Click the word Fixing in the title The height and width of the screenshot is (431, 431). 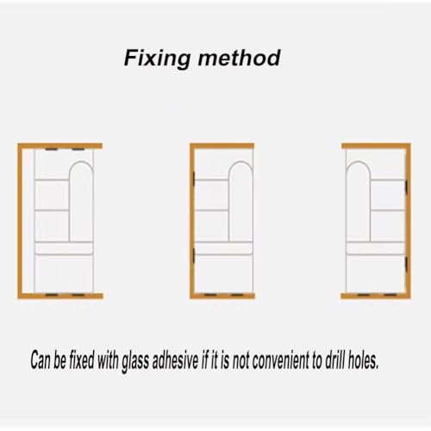pos(157,59)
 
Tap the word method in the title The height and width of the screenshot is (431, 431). pos(239,58)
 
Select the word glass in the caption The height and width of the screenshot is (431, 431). pos(135,361)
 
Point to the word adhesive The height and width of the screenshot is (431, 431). pos(176,359)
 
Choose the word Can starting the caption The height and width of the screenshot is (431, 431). pos(41,359)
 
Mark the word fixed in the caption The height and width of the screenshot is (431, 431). pos(81,359)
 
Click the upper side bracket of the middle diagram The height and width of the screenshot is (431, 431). pos(194,178)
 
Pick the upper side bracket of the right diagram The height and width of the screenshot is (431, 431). pos(406,187)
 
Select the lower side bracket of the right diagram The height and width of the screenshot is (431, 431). pos(406,265)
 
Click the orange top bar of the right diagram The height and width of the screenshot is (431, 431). pos(376,146)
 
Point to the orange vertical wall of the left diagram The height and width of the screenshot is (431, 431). pos(20,221)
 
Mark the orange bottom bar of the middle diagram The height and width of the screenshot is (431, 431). pos(222,296)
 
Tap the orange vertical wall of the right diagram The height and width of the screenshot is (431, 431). pos(408,221)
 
